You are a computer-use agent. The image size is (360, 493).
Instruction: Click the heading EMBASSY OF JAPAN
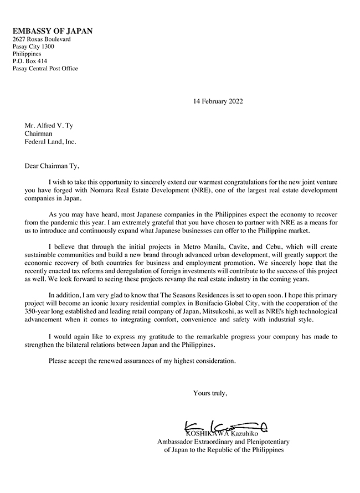coord(53,31)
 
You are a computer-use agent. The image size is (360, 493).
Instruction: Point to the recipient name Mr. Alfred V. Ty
coord(48,125)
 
